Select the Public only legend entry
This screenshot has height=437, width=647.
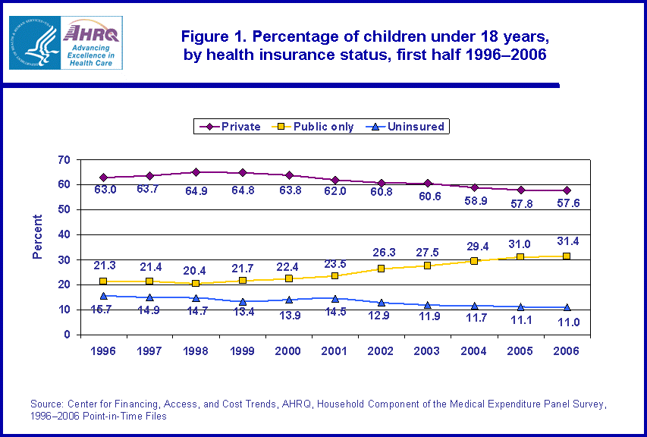coord(313,127)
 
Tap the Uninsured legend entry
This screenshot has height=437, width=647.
coord(408,127)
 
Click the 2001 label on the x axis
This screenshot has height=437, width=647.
coord(334,351)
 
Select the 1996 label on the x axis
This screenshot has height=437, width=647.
coord(103,351)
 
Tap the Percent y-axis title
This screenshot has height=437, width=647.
coord(37,237)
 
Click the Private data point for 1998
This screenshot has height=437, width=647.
coord(196,172)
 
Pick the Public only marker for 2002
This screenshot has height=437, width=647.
coord(381,269)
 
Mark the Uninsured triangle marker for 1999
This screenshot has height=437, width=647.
coord(242,301)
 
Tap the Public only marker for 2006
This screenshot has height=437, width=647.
coord(567,256)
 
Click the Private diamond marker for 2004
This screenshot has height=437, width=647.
coord(474,187)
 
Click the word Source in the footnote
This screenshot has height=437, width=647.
coord(46,403)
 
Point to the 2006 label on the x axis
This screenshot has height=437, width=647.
coord(567,351)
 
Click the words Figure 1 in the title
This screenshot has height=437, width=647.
coord(212,36)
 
